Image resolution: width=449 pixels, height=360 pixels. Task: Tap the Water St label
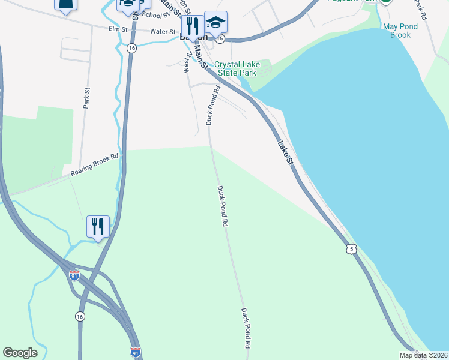[x=162, y=31]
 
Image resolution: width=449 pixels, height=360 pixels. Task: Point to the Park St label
[x=87, y=98]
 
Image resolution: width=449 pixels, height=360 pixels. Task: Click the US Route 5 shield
[x=352, y=248]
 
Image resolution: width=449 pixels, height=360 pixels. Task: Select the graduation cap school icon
[x=215, y=23]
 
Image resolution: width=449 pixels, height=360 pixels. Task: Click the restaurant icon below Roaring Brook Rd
[x=98, y=226]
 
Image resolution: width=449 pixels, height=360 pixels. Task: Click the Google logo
[x=20, y=353]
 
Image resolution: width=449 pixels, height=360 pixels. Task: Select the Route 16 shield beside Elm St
[x=132, y=47]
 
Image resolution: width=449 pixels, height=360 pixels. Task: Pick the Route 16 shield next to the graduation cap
[x=220, y=38]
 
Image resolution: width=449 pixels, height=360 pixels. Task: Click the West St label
[x=188, y=62]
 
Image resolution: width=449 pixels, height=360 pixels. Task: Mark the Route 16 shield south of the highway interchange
[x=80, y=316]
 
